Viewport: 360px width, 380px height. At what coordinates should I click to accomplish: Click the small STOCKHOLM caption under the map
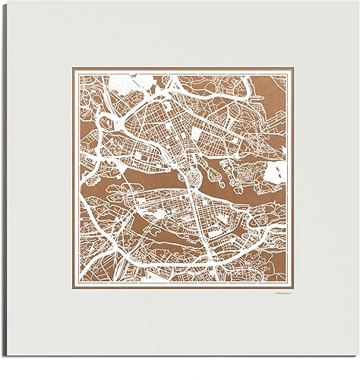click(280, 290)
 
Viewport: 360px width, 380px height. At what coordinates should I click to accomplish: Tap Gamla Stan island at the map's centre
click(194, 180)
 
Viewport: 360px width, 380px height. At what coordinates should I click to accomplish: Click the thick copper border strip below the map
click(182, 282)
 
